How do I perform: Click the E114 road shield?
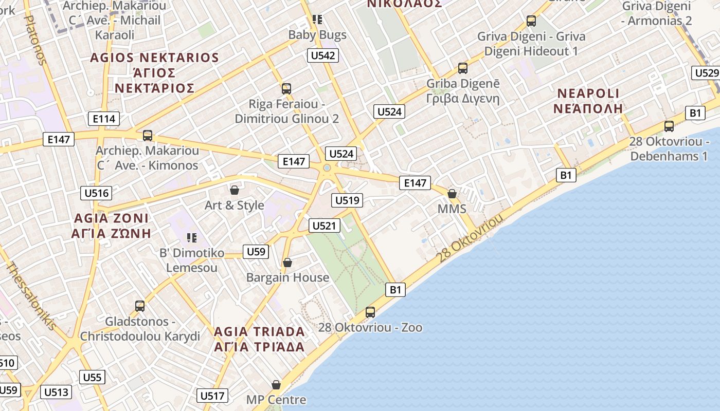pos(103,119)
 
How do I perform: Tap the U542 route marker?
pos(323,55)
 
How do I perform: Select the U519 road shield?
pos(348,200)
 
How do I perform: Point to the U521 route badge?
pos(325,225)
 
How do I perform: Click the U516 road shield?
pos(97,193)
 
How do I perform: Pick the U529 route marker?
pos(706,73)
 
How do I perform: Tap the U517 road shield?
pos(212,396)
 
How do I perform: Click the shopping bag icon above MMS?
pos(452,194)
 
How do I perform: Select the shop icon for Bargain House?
pos(287,263)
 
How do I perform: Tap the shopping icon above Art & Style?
pos(235,190)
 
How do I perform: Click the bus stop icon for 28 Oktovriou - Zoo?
pos(370,312)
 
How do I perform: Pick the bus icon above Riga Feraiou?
pos(286,88)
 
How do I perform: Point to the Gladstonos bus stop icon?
pos(140,306)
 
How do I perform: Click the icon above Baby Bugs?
pos(317,20)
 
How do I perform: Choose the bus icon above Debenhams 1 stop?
pos(669,126)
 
